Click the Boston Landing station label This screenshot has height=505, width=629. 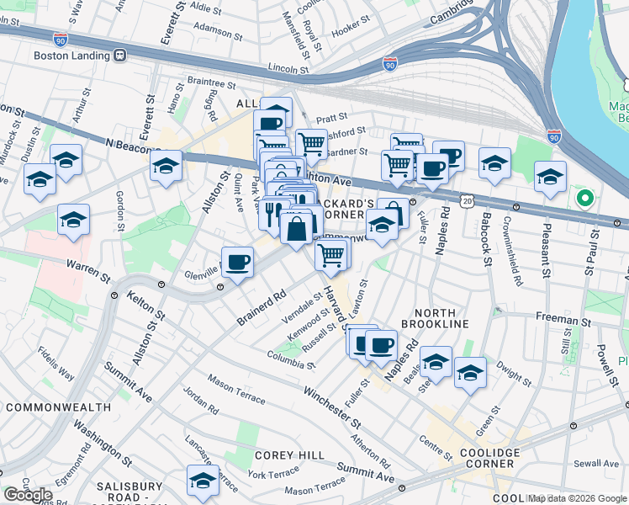coord(71,56)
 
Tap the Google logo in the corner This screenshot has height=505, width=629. coord(28,495)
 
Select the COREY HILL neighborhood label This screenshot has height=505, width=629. coord(288,455)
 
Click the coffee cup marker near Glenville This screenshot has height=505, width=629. coord(237,263)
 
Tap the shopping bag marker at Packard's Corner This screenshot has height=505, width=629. coord(297,227)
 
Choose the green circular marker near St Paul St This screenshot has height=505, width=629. coord(584,199)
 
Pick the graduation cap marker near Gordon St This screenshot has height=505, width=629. coord(73,220)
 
